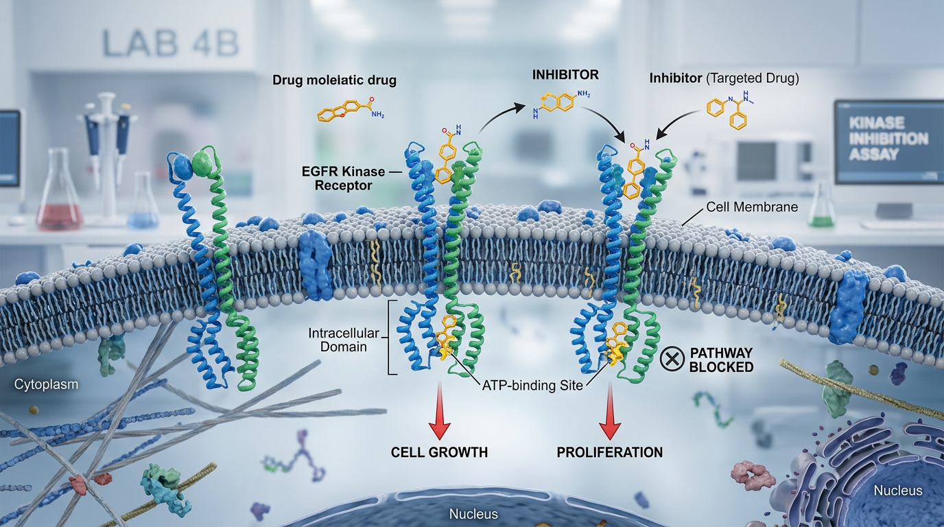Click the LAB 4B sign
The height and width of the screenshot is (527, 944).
(x=170, y=43)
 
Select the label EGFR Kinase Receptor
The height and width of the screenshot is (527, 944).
(x=343, y=178)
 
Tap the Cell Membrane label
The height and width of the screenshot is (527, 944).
(x=752, y=207)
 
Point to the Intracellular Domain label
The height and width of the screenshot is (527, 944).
(x=344, y=340)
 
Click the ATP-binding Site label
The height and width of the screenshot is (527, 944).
(x=532, y=385)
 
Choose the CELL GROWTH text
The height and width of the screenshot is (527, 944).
(x=439, y=452)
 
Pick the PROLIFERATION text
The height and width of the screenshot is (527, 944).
(x=609, y=452)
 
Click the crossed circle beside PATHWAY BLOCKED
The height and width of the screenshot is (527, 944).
(x=672, y=359)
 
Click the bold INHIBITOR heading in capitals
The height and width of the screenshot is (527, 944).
(x=565, y=75)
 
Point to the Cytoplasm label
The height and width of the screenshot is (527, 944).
(x=46, y=384)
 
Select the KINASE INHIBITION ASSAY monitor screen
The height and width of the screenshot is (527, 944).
(x=889, y=141)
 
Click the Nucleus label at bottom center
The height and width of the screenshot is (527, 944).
(x=473, y=514)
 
